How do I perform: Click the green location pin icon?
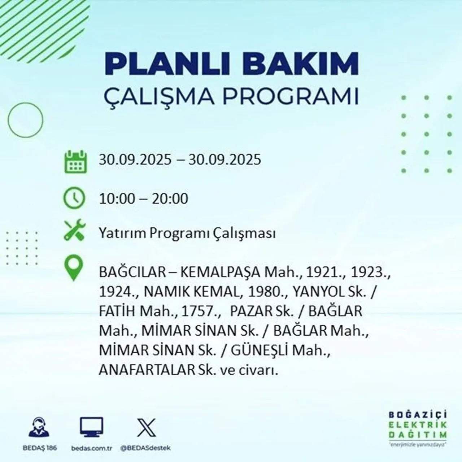73,268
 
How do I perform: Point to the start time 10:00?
117,199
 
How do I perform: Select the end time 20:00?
170,199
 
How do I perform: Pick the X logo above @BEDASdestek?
147,427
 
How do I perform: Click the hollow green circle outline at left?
25,119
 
